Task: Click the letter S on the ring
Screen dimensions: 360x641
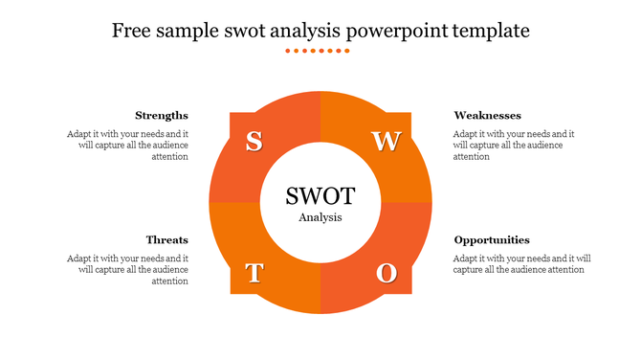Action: click(254, 142)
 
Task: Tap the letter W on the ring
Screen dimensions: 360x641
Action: click(386, 142)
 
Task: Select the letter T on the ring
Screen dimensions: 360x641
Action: click(254, 274)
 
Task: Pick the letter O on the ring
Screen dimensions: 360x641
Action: click(386, 274)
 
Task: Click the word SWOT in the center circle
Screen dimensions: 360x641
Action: click(320, 196)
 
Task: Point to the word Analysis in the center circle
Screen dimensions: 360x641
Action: click(320, 217)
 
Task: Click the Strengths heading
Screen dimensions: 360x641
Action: click(162, 116)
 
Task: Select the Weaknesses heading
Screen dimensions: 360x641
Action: click(487, 116)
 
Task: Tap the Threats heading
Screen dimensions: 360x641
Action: click(167, 240)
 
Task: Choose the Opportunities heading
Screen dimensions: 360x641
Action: click(492, 240)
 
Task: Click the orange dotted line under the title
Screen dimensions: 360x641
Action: click(320, 51)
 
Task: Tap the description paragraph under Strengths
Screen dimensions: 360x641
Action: click(128, 146)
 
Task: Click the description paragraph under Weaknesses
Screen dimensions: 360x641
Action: click(514, 146)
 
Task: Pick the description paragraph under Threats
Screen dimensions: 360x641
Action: click(128, 270)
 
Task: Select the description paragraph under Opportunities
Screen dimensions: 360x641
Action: click(521, 264)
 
